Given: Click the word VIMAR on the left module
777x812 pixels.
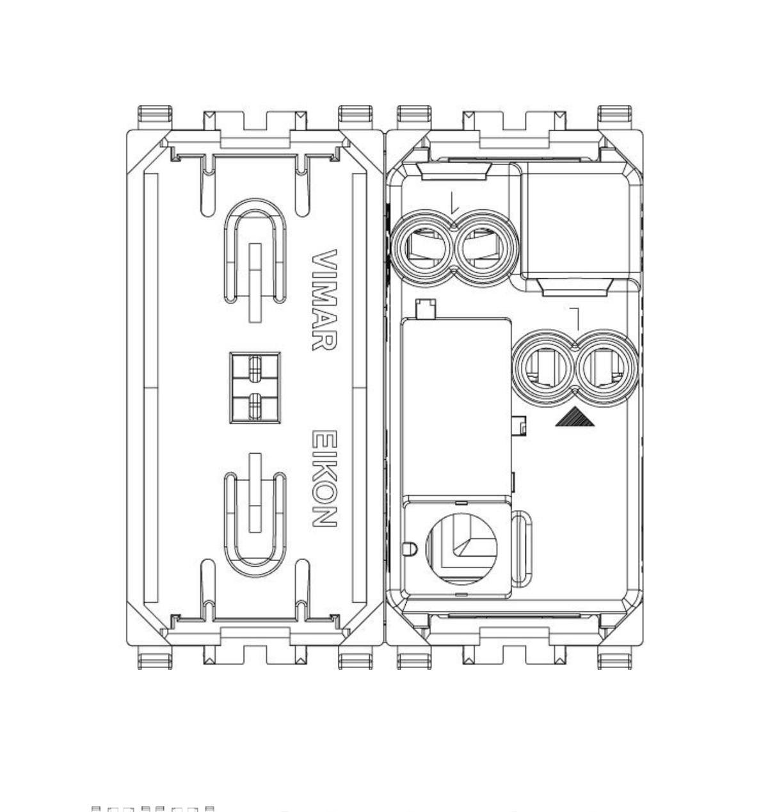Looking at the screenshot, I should (x=324, y=299).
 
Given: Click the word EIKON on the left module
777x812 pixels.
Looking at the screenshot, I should (x=324, y=479).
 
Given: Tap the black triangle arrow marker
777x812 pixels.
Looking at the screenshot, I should (x=575, y=418).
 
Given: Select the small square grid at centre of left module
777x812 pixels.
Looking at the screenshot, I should (x=255, y=388).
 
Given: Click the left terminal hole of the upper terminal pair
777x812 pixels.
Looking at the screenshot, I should (x=422, y=248).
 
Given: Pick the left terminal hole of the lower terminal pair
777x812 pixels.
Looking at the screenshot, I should (x=544, y=369).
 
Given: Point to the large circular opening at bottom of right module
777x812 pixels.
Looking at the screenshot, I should (x=461, y=548).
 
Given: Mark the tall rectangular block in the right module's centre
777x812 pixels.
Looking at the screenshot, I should (x=455, y=407).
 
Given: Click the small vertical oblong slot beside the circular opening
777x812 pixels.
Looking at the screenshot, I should (x=522, y=548).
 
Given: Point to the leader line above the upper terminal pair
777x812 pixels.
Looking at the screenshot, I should (x=453, y=202).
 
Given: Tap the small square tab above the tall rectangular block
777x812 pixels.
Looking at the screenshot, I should (x=425, y=309).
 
